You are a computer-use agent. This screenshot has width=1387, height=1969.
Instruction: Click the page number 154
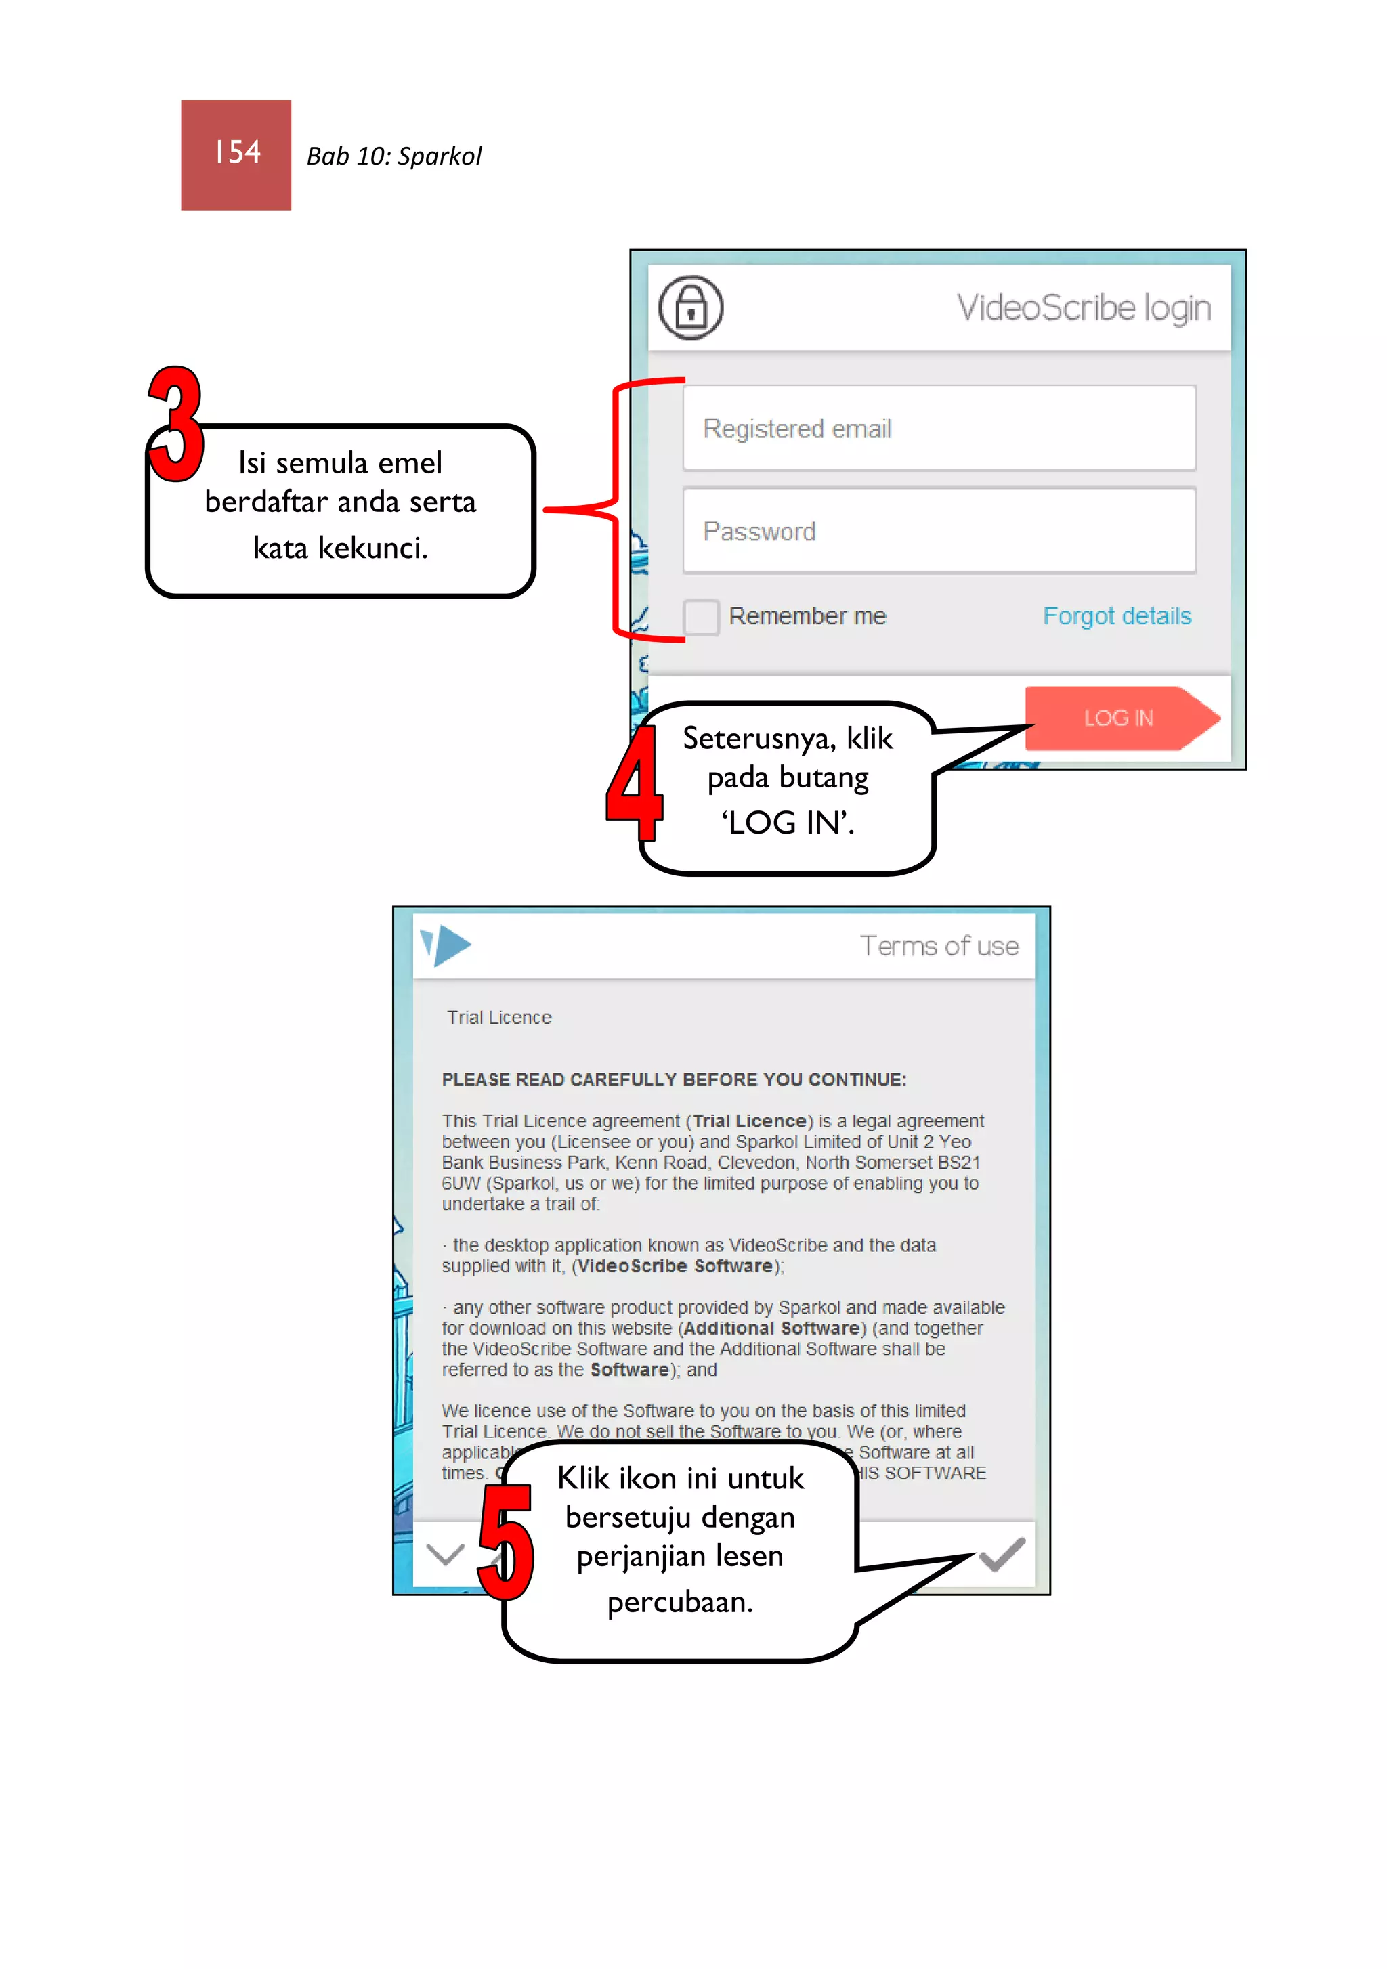237,154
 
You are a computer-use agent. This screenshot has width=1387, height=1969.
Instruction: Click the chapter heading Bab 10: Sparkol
393,156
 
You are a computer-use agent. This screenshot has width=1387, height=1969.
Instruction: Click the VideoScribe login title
1084,308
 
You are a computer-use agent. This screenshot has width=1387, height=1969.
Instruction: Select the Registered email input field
939,428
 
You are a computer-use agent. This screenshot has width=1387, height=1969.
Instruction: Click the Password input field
939,531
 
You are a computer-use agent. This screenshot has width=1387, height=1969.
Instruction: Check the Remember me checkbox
701,617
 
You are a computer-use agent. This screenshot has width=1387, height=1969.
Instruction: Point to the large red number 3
176,425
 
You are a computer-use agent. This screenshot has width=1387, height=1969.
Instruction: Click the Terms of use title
939,946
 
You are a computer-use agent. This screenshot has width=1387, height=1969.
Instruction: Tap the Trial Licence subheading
498,1018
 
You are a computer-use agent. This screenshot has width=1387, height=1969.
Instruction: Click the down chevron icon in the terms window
445,1554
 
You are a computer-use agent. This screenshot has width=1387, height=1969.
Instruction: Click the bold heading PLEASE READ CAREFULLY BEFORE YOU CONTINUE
673,1080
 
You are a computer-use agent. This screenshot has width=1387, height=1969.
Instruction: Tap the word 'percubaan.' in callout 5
679,1602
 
